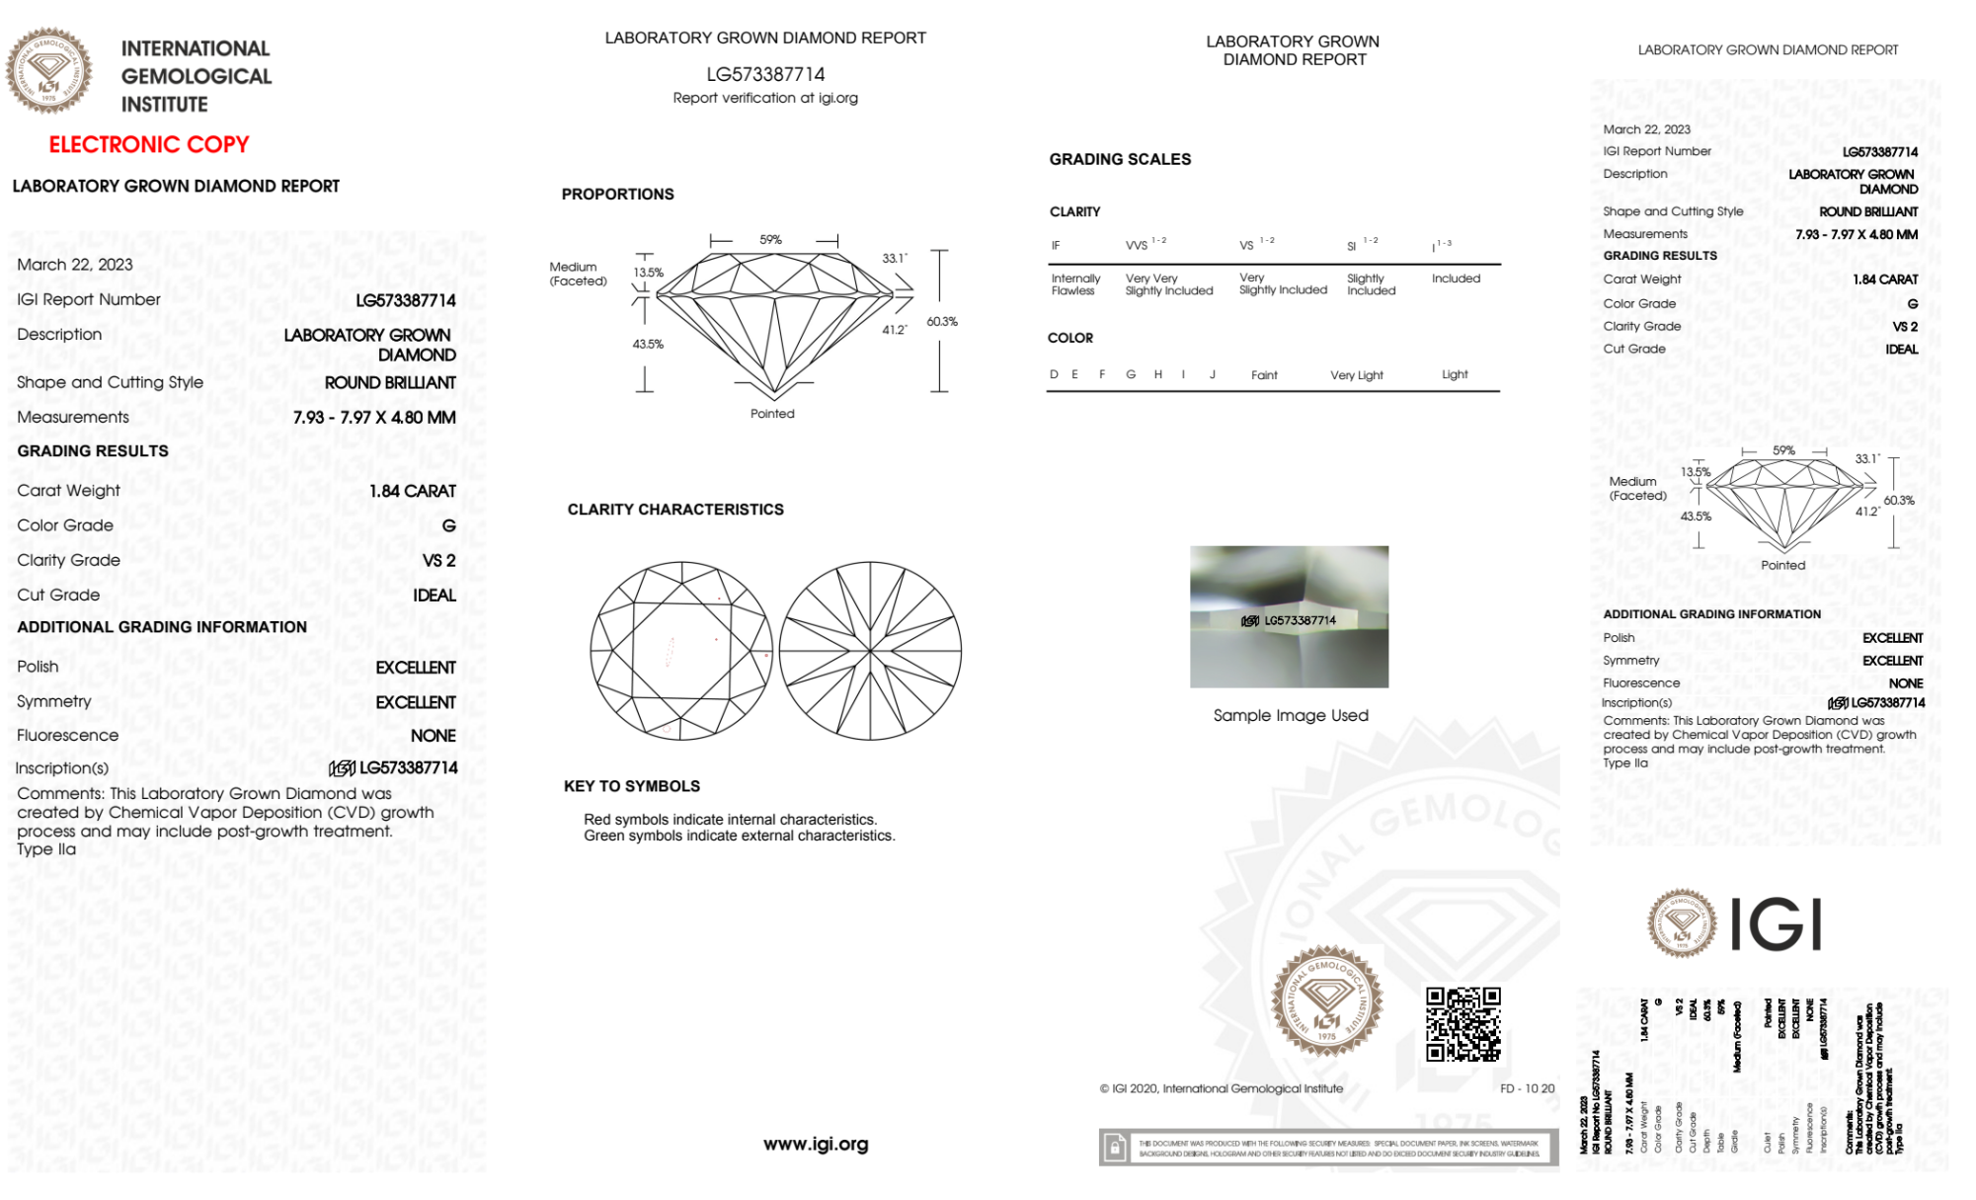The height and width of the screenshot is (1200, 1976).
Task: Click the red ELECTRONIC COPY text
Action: [149, 144]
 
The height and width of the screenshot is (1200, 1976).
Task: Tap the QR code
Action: [1462, 1024]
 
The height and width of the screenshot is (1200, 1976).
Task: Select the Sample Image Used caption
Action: [1290, 715]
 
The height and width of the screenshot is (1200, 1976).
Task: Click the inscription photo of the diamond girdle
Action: [1289, 616]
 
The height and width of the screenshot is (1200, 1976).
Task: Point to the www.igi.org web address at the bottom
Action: [816, 1144]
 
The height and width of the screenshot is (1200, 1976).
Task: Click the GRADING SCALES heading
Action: [1120, 159]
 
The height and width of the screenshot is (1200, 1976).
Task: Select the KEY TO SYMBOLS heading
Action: [632, 786]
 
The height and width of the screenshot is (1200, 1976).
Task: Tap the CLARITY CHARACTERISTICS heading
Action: [675, 510]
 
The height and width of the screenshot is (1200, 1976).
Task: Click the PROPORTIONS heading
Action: [618, 195]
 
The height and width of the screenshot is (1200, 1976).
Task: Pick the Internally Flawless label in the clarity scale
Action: [1075, 284]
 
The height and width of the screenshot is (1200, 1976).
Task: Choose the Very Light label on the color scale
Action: [1356, 375]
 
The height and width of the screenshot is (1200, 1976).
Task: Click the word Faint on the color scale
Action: [1264, 375]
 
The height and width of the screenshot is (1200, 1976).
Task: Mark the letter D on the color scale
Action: [1054, 374]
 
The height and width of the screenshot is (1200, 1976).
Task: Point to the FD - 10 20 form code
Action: [1527, 1088]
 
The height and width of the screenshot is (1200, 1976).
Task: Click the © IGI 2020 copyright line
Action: [1222, 1088]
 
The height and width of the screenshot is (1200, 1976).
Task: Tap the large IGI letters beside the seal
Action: [1777, 925]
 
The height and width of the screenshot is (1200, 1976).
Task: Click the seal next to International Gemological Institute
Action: [49, 71]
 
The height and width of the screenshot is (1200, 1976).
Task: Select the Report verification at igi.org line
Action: [765, 98]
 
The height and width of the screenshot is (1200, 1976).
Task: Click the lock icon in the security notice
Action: [1115, 1148]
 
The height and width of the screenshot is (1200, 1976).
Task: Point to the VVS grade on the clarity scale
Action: [1138, 245]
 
